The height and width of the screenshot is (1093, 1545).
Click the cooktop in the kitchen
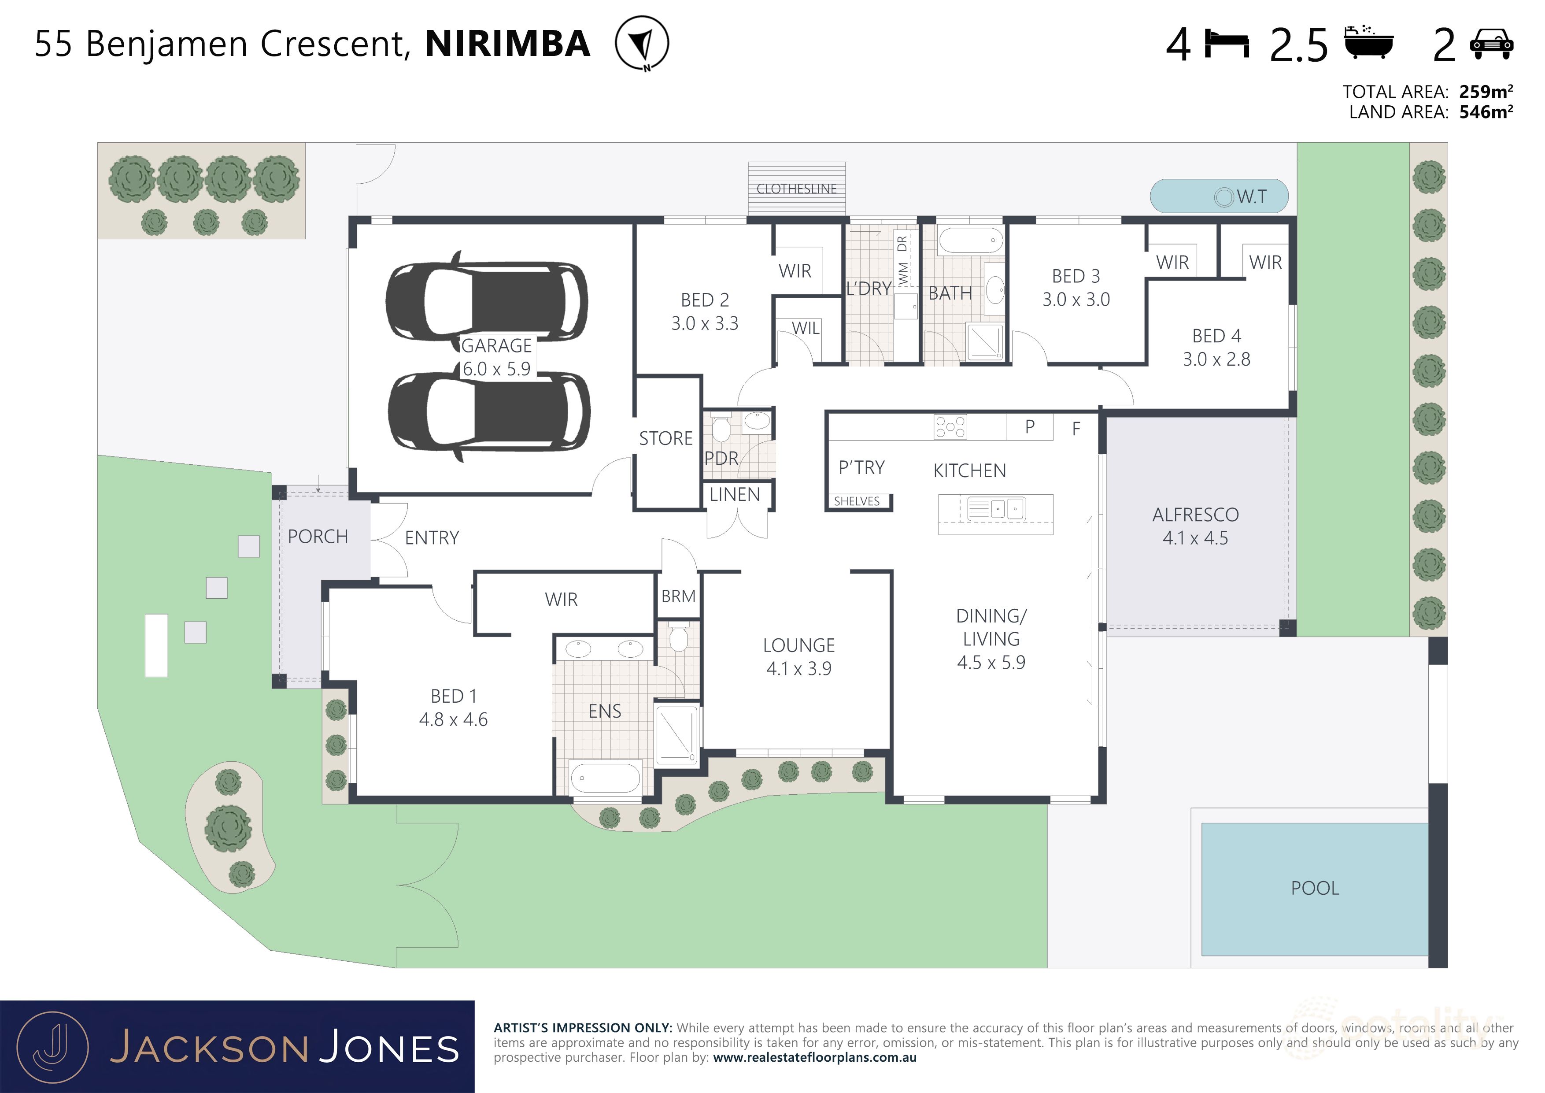point(950,427)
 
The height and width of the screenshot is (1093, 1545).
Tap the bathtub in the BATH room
point(970,240)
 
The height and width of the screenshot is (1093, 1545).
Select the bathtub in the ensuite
point(605,778)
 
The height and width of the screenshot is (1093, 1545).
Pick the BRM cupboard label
point(678,597)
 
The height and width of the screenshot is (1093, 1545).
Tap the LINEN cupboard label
point(734,495)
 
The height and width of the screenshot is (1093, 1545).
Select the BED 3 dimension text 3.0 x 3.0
point(1076,300)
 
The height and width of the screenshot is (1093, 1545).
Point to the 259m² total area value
point(1486,92)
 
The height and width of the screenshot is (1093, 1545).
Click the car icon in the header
point(1492,44)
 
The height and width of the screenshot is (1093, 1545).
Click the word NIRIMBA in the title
point(507,44)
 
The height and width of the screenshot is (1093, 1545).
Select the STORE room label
point(665,439)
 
